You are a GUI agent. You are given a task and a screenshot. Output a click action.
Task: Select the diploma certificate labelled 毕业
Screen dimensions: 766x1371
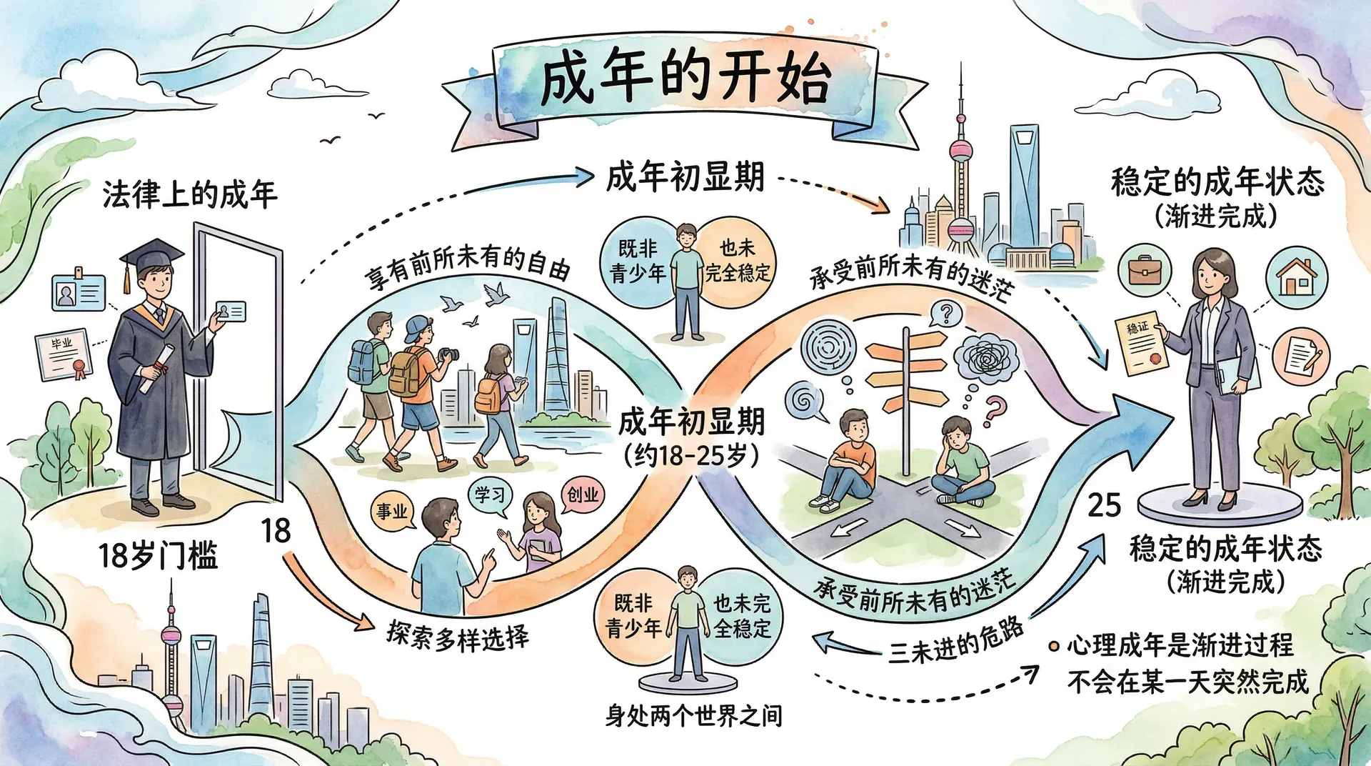(x=64, y=354)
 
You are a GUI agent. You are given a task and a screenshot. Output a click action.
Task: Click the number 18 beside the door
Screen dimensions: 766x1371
(x=276, y=531)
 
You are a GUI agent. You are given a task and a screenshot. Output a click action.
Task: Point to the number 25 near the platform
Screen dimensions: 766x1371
(x=1104, y=506)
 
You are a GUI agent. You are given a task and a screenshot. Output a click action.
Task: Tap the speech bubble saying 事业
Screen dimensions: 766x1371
(x=393, y=511)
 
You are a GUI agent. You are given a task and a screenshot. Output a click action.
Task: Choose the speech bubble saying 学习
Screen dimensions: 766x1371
(x=490, y=494)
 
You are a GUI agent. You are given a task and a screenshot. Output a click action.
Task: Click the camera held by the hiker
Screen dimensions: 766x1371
(x=448, y=354)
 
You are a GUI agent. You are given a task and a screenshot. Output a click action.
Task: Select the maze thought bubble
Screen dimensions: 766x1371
(x=828, y=346)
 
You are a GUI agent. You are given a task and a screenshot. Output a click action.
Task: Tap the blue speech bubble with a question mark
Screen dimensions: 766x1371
(x=947, y=313)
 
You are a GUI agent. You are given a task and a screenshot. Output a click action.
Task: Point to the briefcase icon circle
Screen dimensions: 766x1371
(x=1145, y=270)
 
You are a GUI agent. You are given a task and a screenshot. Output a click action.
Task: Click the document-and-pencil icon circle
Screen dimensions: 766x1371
(x=1300, y=355)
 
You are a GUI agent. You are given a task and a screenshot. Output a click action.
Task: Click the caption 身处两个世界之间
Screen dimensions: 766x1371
(x=693, y=715)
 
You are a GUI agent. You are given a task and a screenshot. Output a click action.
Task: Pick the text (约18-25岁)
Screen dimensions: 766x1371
(x=691, y=455)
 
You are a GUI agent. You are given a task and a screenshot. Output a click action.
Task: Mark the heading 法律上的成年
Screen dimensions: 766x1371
(x=189, y=194)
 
